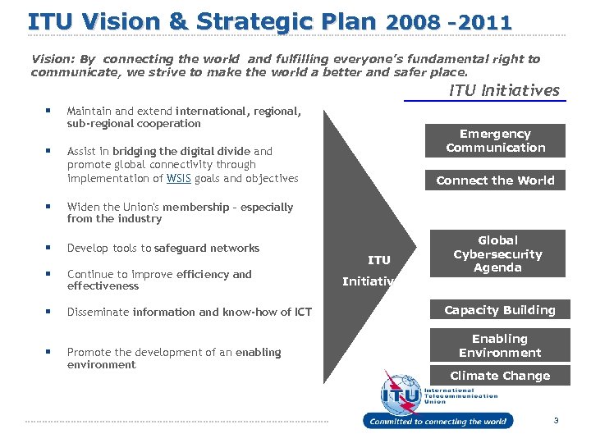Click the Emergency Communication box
495,140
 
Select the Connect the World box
495,180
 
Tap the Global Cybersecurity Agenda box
497,254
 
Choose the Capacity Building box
499,310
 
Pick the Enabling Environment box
499,345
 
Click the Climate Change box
499,376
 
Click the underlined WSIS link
177,179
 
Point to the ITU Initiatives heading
504,91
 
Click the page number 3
556,421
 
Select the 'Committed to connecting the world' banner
438,422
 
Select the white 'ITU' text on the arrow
378,260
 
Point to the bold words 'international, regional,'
237,111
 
